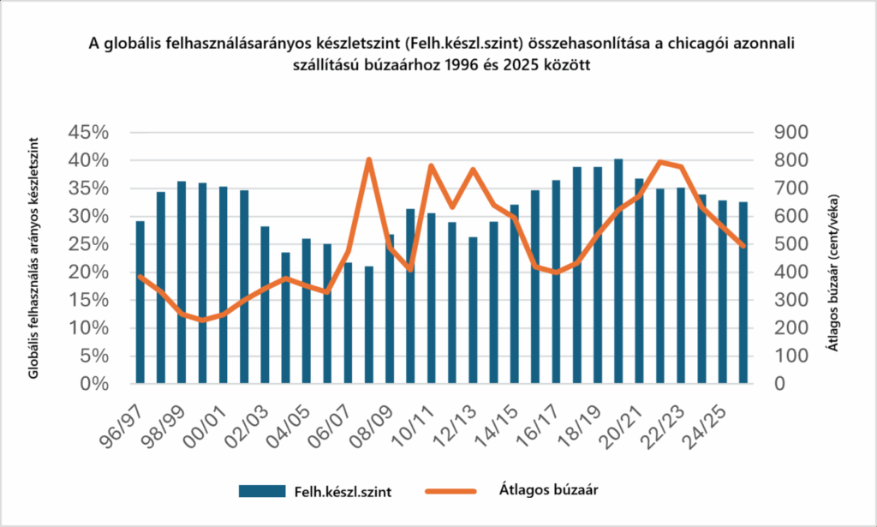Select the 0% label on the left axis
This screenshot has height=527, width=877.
click(95, 384)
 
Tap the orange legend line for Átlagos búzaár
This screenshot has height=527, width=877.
click(453, 490)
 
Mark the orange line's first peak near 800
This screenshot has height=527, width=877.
click(368, 160)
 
